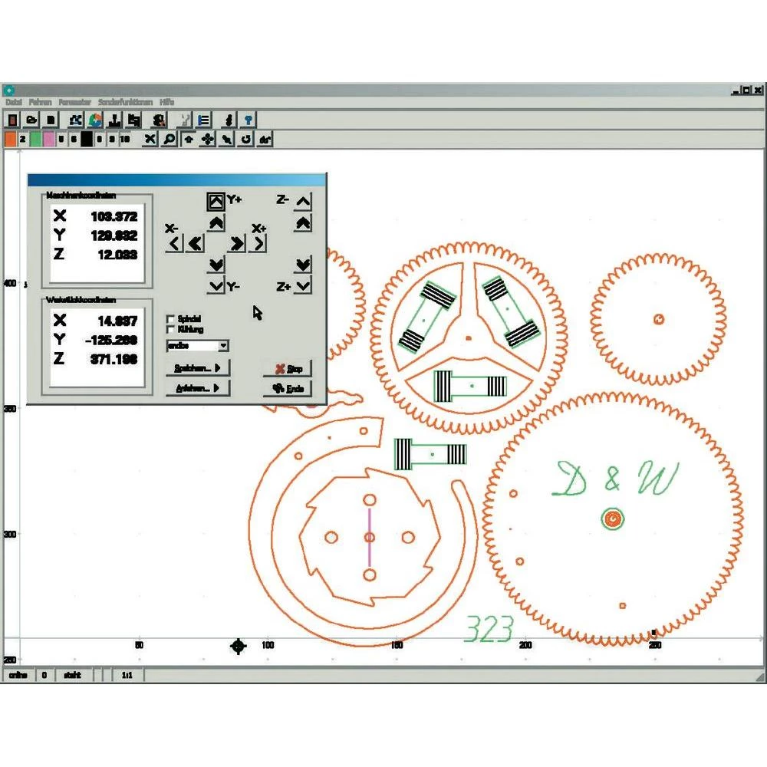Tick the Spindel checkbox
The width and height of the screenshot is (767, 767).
[171, 318]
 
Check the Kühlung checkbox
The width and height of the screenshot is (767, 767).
[171, 329]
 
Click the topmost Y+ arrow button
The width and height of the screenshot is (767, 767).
[216, 201]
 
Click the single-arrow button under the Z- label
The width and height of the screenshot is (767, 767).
[303, 202]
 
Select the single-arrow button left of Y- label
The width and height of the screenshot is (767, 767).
[216, 286]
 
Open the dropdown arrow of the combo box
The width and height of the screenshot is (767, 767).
[223, 346]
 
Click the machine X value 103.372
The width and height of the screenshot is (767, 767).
[114, 217]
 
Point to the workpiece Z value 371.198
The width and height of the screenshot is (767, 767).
[114, 358]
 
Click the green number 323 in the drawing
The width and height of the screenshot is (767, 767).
[489, 630]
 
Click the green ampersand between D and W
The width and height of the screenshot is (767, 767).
[611, 480]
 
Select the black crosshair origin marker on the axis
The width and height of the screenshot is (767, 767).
[239, 647]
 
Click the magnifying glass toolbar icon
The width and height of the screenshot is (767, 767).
[168, 140]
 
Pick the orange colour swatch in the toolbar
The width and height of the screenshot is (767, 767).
[10, 139]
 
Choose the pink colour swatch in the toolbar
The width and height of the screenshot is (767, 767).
[48, 139]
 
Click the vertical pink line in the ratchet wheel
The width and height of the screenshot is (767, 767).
[369, 538]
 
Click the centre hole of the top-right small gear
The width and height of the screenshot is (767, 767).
[658, 319]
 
